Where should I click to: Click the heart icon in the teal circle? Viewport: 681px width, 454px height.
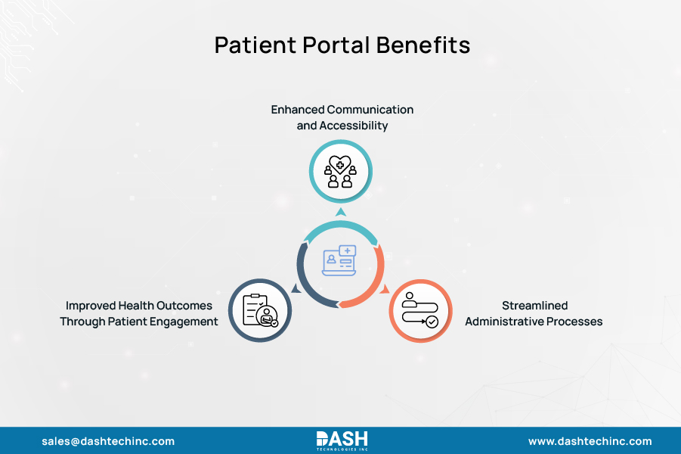(x=340, y=165)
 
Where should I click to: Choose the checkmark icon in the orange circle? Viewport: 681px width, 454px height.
(x=432, y=322)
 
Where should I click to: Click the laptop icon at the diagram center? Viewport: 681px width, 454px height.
(x=339, y=261)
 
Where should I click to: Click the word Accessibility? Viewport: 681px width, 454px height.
(x=354, y=126)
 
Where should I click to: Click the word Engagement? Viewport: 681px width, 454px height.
(x=186, y=322)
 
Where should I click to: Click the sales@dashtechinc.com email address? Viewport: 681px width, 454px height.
(x=108, y=441)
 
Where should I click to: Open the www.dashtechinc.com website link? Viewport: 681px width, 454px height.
(x=590, y=441)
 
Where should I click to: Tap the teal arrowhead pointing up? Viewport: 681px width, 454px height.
(x=340, y=212)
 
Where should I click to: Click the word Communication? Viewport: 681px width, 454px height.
(x=371, y=110)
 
